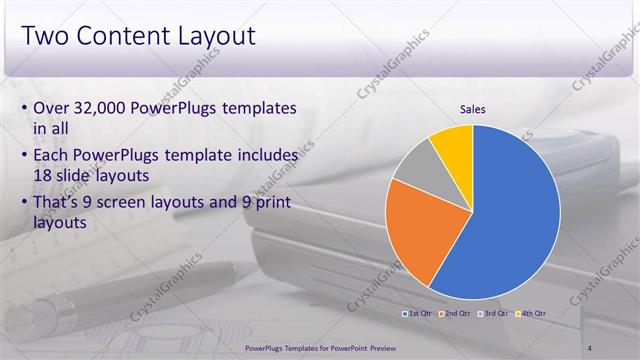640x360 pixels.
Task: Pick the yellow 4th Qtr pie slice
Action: coord(453,145)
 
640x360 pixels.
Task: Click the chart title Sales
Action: coord(473,110)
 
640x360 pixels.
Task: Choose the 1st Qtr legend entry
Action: coord(417,314)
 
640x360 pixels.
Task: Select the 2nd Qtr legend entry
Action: coord(455,314)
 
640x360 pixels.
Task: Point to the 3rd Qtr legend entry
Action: coord(493,314)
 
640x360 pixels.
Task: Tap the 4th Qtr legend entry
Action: coord(531,314)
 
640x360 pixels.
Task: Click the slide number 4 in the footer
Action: coord(591,347)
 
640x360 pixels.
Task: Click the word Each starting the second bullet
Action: coord(54,157)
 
